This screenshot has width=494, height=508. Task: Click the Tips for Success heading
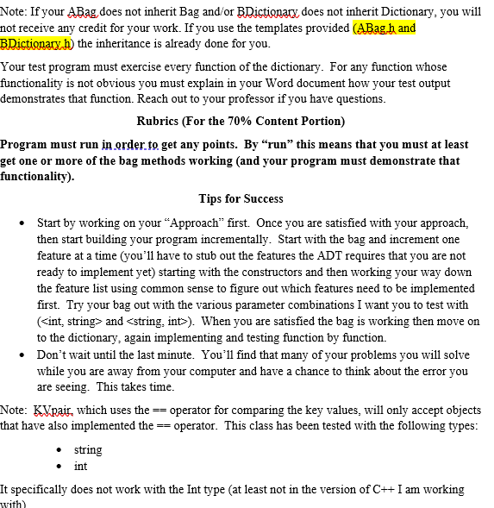coord(241,198)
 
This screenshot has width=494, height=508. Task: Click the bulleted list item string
coord(88,449)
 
